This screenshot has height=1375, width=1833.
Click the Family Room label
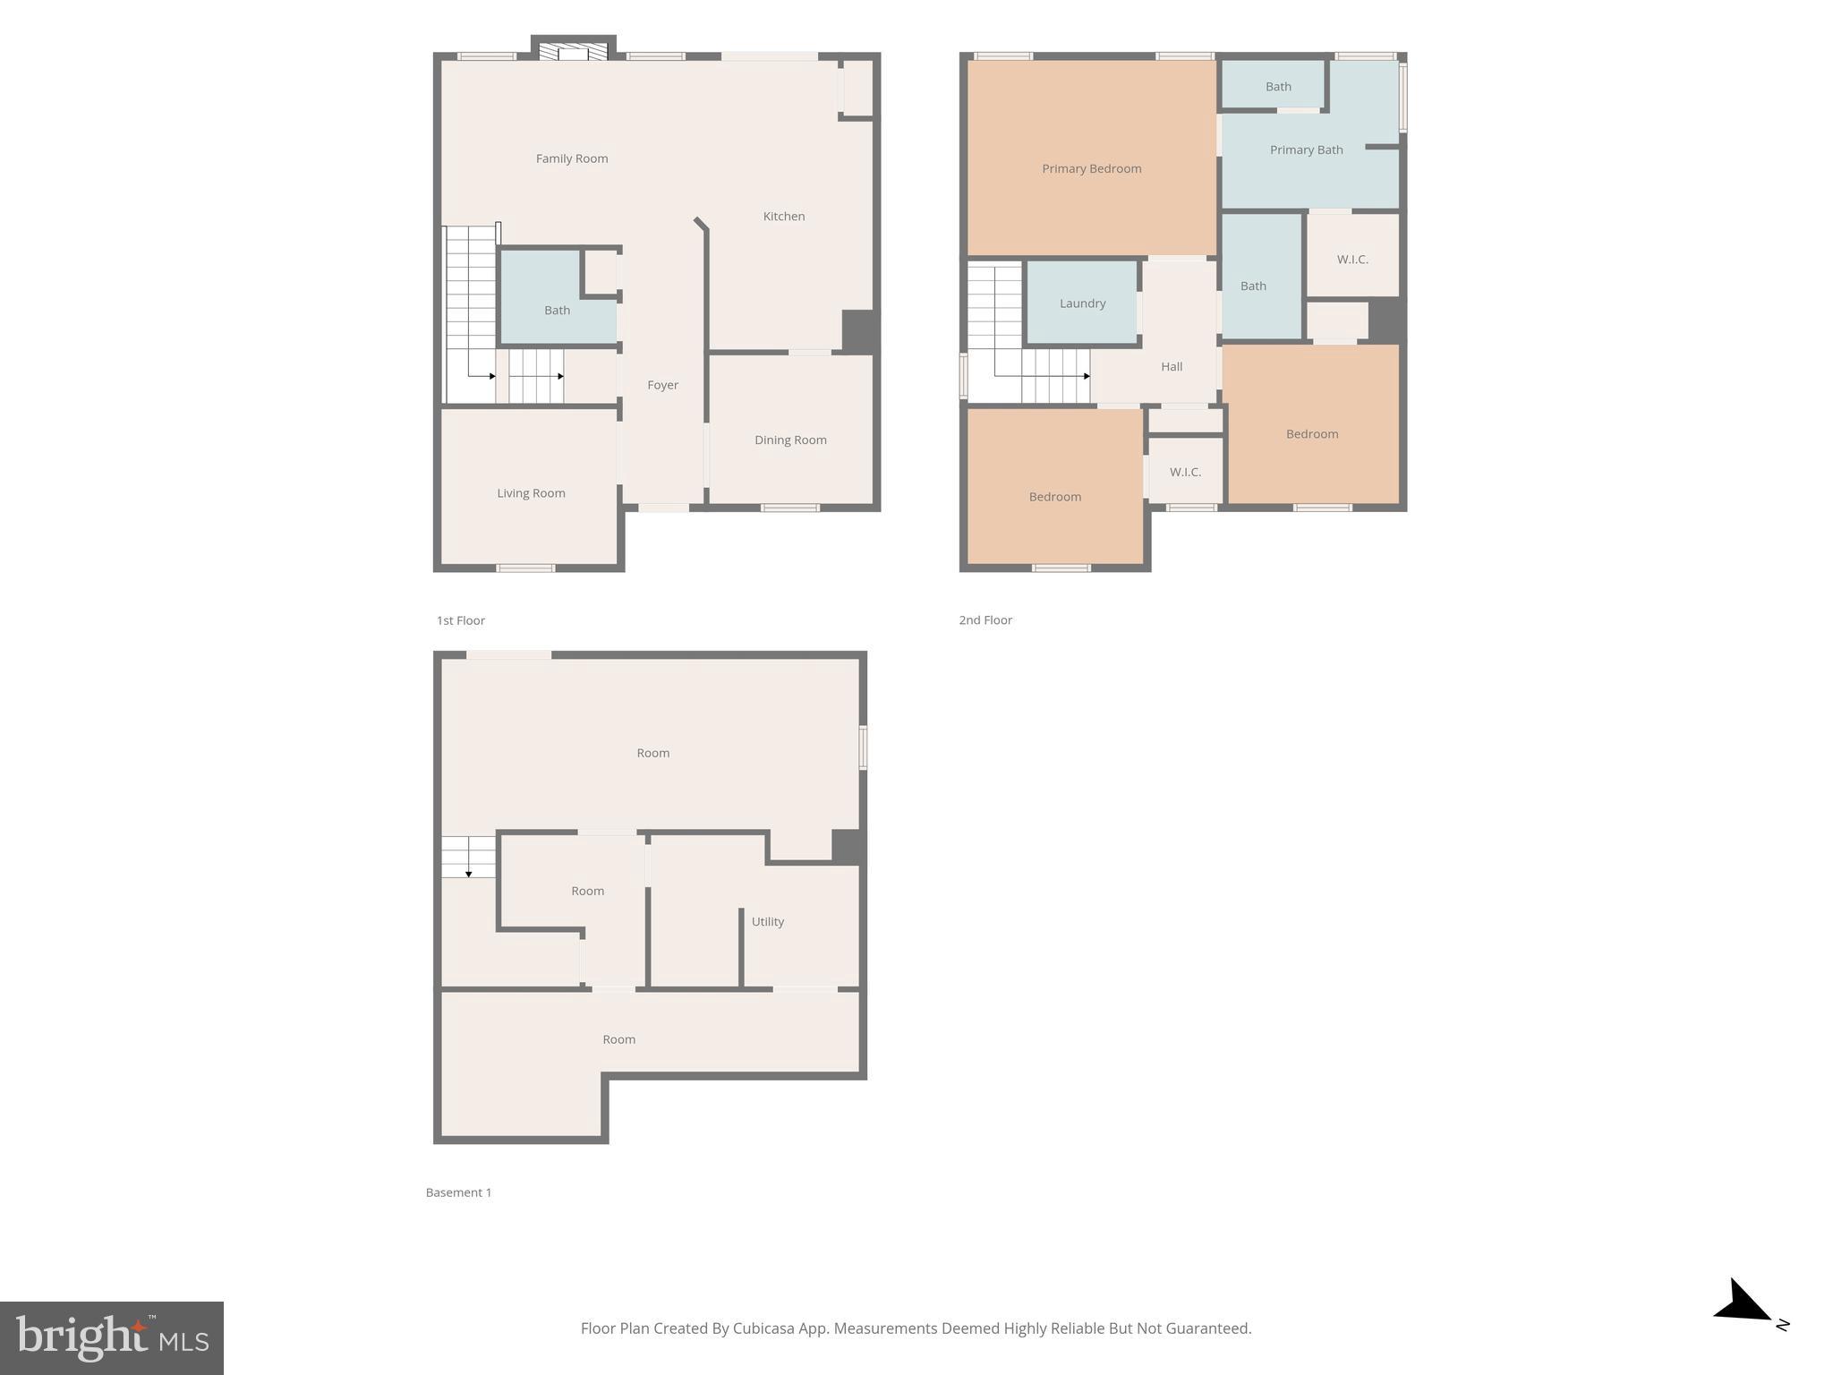571,158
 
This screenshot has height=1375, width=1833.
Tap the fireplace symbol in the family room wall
573,52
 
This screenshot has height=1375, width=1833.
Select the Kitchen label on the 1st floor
783,216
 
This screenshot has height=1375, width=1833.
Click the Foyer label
662,385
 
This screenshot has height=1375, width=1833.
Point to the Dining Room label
789,440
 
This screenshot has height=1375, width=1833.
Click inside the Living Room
531,493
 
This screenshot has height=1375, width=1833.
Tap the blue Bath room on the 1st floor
557,310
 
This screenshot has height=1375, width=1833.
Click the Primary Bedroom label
1091,168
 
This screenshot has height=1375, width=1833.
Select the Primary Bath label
1306,149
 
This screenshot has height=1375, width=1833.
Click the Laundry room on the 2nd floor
1082,303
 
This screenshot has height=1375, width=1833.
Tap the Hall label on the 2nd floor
1171,366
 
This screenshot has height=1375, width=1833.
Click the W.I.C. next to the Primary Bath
1351,260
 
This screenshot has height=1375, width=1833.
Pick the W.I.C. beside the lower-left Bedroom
1184,472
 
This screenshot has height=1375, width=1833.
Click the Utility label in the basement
767,921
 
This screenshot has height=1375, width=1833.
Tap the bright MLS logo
112,1337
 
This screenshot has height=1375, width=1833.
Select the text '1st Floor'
460,620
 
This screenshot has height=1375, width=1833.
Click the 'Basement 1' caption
458,1192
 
